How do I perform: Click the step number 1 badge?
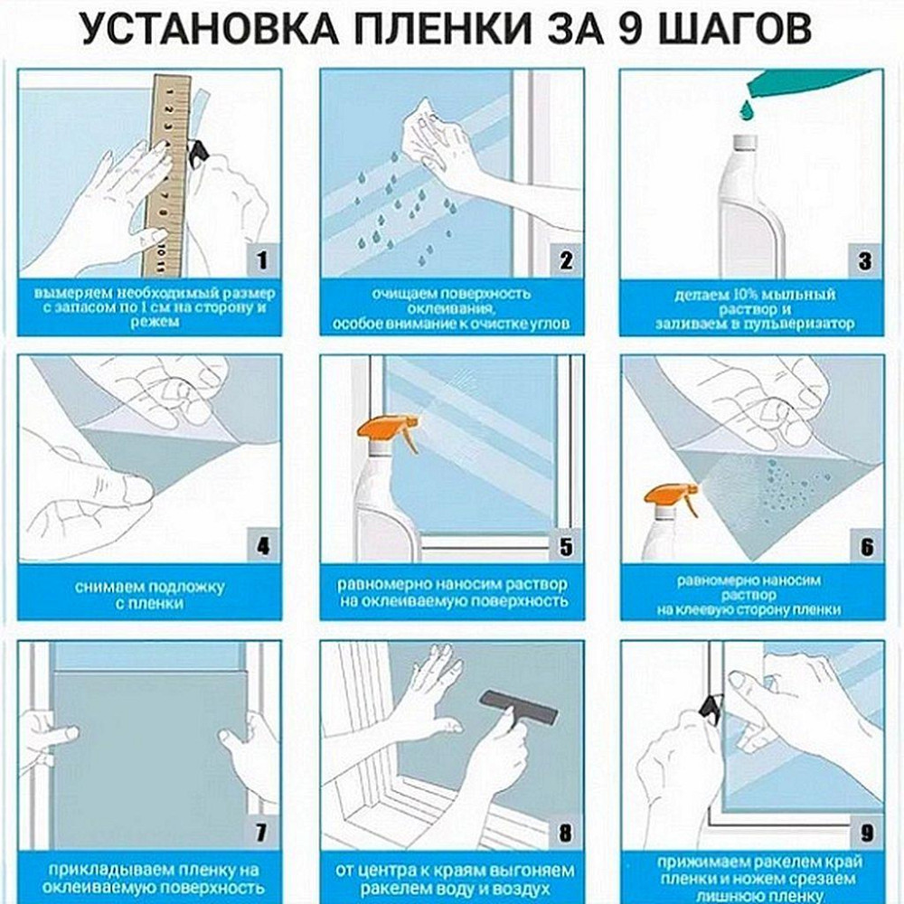[262, 262]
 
